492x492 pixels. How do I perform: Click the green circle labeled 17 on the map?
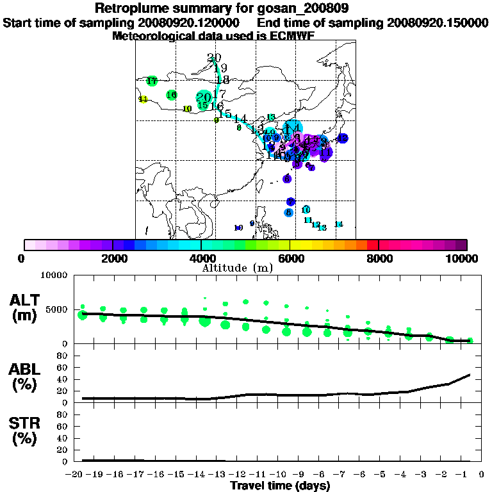point(152,81)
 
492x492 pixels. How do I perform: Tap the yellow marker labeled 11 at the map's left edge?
point(143,99)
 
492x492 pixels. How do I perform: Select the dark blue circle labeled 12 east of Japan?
point(343,138)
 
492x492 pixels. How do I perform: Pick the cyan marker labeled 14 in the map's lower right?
point(339,224)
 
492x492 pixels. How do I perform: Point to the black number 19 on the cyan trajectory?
point(220,69)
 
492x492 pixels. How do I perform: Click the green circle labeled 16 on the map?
point(171,95)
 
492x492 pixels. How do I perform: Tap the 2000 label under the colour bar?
point(113,258)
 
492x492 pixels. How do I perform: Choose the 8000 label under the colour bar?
point(379,258)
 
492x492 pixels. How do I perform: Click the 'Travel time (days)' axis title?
point(280,486)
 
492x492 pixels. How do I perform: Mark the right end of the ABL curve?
point(470,374)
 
